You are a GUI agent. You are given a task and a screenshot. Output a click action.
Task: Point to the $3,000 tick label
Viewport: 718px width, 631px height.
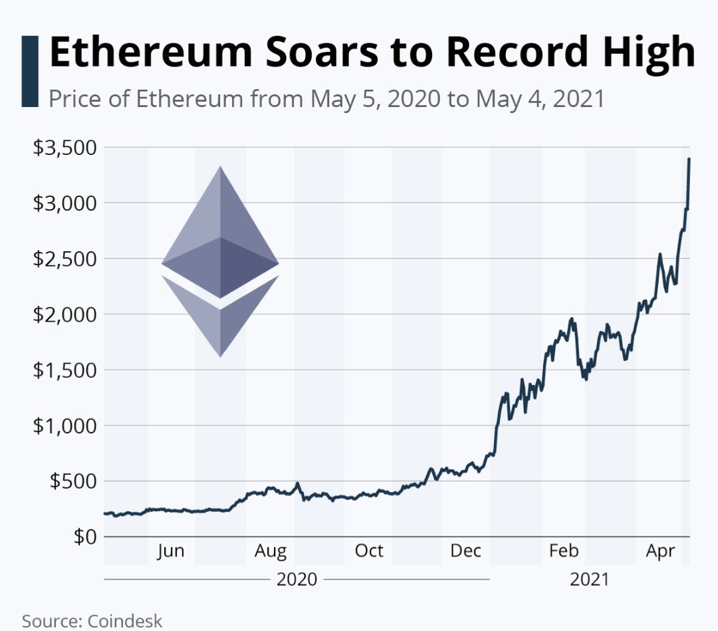64,203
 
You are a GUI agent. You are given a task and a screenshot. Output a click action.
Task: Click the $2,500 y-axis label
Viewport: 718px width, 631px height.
64,259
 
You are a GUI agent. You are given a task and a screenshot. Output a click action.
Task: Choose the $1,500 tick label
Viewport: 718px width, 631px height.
64,370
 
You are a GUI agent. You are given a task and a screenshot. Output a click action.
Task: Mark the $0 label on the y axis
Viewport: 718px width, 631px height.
84,536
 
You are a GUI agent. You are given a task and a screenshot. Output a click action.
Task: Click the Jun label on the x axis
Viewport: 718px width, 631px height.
171,551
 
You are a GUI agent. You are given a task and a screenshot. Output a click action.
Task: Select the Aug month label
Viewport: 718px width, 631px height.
271,551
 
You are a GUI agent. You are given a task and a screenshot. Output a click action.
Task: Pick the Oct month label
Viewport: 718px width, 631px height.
368,551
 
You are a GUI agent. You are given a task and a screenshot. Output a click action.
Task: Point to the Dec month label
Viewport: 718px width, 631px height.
466,551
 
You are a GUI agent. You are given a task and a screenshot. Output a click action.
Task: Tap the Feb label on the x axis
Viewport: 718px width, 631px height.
564,551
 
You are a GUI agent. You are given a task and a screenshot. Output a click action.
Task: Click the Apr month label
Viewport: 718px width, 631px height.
661,551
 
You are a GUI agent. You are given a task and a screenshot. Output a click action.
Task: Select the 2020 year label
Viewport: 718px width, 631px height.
297,579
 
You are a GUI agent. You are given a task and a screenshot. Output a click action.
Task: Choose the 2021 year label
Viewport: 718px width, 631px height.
589,579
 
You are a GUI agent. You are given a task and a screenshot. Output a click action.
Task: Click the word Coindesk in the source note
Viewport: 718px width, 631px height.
124,621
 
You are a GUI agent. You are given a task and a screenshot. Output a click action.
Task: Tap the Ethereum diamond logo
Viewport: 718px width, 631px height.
220,261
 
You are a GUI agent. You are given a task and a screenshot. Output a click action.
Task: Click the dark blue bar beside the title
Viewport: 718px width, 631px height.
30,71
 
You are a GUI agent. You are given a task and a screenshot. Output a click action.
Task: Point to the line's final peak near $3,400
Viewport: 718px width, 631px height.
689,160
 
